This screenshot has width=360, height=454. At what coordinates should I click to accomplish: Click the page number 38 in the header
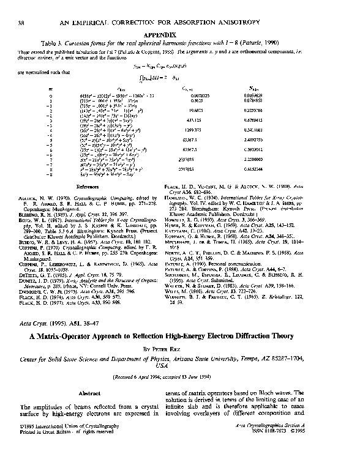click(x=22, y=23)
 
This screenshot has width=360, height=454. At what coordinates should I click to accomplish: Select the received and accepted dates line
click(x=179, y=378)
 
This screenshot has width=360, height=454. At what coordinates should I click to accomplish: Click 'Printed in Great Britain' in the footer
click(x=45, y=447)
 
